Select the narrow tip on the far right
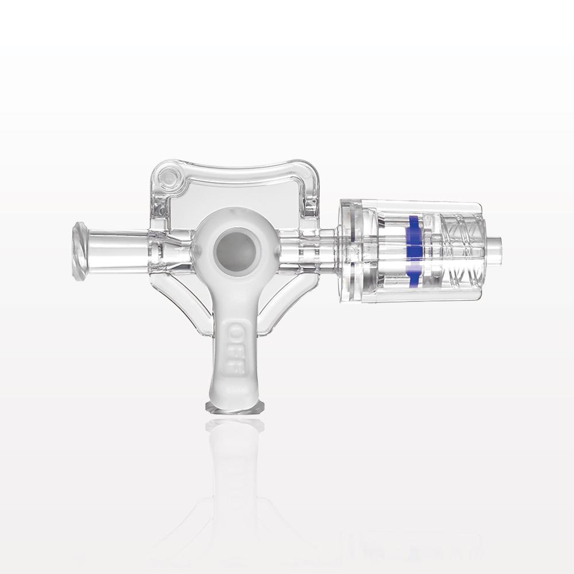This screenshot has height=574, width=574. [494, 249]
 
